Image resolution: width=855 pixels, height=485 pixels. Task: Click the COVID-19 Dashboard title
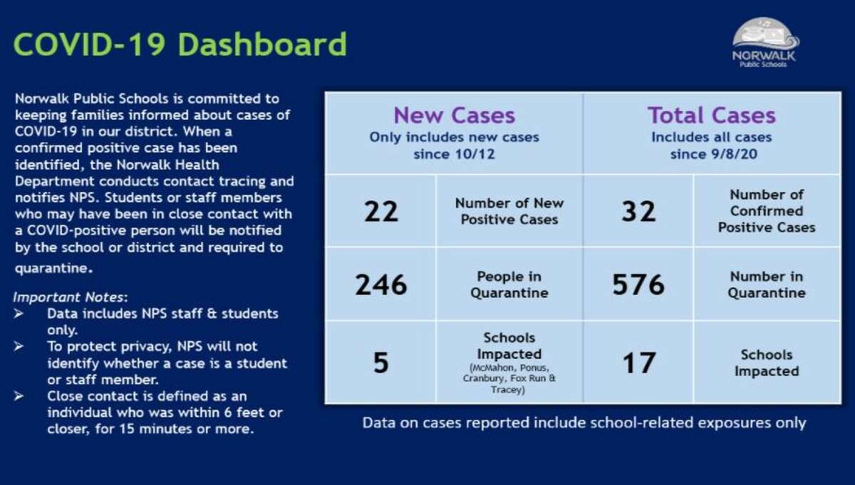pyautogui.click(x=180, y=44)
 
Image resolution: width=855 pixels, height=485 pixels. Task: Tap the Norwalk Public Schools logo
pyautogui.click(x=765, y=43)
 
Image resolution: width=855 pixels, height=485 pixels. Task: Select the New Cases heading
pyautogui.click(x=454, y=116)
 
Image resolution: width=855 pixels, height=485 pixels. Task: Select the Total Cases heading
pyautogui.click(x=711, y=116)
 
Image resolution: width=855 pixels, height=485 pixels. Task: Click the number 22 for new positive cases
pyautogui.click(x=381, y=211)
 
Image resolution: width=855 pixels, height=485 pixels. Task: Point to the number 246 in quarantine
pyautogui.click(x=381, y=285)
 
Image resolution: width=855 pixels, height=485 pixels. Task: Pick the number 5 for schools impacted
pyautogui.click(x=381, y=362)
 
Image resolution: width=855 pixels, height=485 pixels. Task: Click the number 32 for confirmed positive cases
pyautogui.click(x=638, y=211)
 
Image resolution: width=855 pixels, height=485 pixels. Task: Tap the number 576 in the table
pyautogui.click(x=638, y=285)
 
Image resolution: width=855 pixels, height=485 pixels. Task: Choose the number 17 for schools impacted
pyautogui.click(x=638, y=362)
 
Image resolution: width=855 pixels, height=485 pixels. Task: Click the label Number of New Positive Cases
pyautogui.click(x=509, y=211)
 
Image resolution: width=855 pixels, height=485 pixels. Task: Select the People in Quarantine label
pyautogui.click(x=509, y=285)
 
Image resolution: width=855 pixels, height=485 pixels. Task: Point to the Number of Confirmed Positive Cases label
pyautogui.click(x=766, y=211)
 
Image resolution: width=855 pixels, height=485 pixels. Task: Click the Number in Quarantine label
pyautogui.click(x=766, y=285)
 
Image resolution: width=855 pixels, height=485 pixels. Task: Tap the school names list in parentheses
pyautogui.click(x=509, y=379)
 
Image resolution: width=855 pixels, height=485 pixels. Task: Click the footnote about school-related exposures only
pyautogui.click(x=584, y=423)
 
